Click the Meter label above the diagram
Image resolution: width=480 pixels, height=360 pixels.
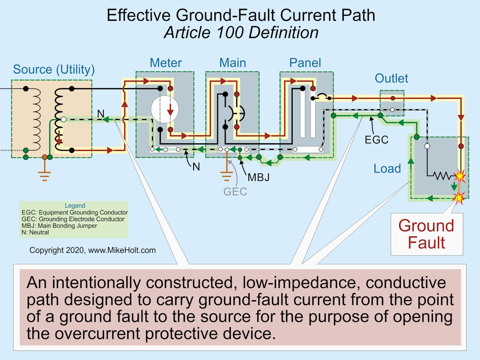pyautogui.click(x=166, y=63)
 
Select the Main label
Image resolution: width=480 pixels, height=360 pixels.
pyautogui.click(x=232, y=63)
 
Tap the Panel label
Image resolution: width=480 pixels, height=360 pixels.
pyautogui.click(x=305, y=63)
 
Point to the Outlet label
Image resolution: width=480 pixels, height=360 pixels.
pyautogui.click(x=391, y=78)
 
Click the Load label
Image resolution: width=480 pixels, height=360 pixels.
pyautogui.click(x=387, y=169)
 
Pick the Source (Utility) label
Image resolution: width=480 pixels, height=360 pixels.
pyautogui.click(x=54, y=70)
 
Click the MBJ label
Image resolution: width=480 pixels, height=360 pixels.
pyautogui.click(x=258, y=177)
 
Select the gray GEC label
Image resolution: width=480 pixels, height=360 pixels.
pyautogui.click(x=235, y=192)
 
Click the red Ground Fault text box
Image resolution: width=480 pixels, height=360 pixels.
pyautogui.click(x=426, y=234)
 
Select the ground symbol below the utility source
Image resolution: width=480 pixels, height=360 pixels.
pyautogui.click(x=44, y=175)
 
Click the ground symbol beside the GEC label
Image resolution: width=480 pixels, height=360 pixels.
pyautogui.click(x=226, y=176)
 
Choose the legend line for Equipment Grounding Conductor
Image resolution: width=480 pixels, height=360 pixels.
pyautogui.click(x=74, y=213)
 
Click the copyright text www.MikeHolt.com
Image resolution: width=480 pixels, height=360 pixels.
pyautogui.click(x=92, y=250)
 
